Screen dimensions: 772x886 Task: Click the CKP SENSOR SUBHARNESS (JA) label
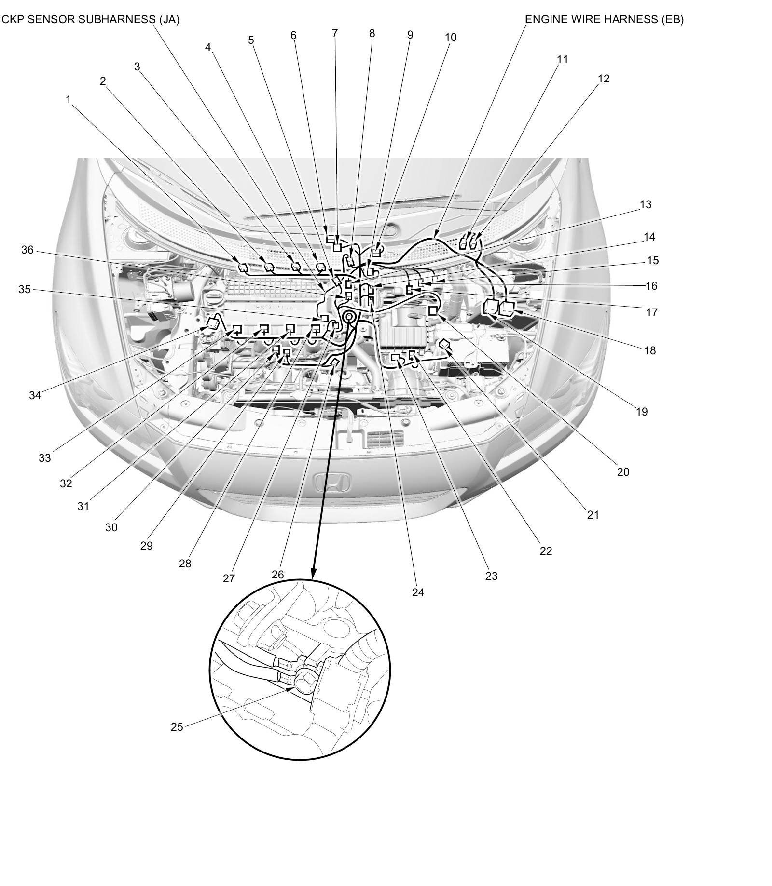coord(91,20)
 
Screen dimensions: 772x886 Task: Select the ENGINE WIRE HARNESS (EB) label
coord(604,20)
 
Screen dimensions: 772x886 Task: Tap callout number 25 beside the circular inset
coord(177,727)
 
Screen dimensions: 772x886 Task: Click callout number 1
coord(68,99)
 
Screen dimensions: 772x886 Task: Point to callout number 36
coord(28,250)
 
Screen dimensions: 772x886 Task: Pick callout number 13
coord(646,204)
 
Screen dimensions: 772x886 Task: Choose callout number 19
coord(642,412)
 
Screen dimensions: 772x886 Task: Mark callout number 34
coord(35,395)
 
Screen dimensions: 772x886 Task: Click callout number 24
coord(418,592)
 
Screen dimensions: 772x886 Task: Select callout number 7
coord(335,33)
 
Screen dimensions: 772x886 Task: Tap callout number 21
coord(593,515)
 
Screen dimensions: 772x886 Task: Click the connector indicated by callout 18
coord(508,308)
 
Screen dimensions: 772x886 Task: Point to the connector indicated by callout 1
coord(243,267)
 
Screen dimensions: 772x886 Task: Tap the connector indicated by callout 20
coord(433,310)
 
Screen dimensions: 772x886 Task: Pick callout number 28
coord(185,564)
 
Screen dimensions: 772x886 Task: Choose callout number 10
coord(450,37)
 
